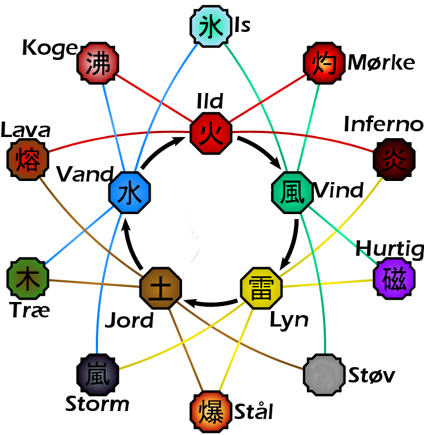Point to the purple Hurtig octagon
(x=394, y=279)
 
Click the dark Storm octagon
(x=98, y=374)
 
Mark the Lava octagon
(x=27, y=159)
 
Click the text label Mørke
(x=381, y=62)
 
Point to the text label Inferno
(x=383, y=124)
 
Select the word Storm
(x=97, y=404)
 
